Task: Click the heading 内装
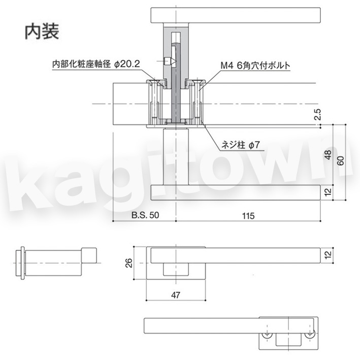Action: [42, 31]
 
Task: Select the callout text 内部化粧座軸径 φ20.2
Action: [96, 64]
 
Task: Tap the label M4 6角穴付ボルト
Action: [255, 66]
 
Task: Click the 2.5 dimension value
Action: [317, 114]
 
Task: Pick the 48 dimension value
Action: [329, 155]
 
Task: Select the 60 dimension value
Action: [341, 160]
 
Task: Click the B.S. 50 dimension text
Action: [145, 215]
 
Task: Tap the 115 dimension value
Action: [248, 216]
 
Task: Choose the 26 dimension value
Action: [129, 263]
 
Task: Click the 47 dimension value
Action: [176, 295]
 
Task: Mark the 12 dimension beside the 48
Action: [329, 192]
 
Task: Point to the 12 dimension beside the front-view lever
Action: [329, 254]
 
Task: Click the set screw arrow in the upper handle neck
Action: [170, 61]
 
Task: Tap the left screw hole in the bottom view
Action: [267, 335]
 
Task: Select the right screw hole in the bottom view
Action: [310, 335]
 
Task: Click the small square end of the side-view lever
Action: [89, 255]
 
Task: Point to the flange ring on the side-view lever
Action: [22, 263]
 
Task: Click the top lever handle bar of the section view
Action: [235, 15]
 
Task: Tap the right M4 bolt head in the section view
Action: [197, 81]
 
